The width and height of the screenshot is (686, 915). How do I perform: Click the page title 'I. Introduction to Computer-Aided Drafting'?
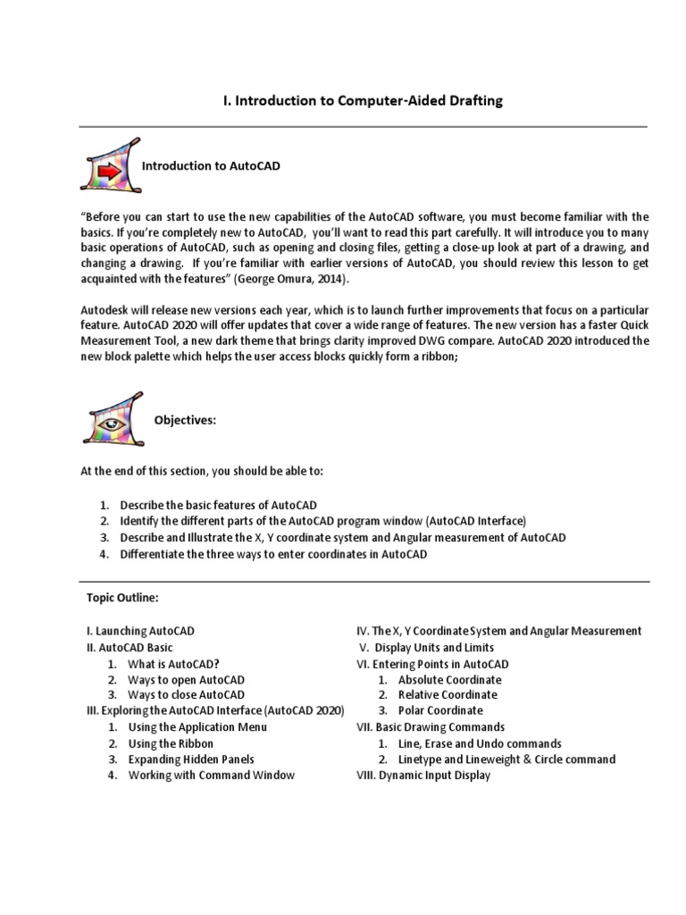(363, 101)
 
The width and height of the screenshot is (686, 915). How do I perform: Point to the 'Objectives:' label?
(186, 420)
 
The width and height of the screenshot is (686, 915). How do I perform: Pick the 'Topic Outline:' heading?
(122, 598)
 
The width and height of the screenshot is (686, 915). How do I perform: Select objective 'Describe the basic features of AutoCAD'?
(218, 505)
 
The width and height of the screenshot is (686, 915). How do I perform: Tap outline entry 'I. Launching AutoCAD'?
(140, 631)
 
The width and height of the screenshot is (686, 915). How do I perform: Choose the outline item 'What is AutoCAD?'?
(173, 664)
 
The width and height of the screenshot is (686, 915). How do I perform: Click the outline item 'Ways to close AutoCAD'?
(186, 694)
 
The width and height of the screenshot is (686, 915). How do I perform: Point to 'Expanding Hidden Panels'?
(191, 760)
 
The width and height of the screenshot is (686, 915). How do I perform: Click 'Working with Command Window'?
(211, 776)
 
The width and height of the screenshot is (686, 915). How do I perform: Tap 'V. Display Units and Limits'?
(426, 647)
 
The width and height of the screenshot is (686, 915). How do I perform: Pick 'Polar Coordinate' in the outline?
(440, 710)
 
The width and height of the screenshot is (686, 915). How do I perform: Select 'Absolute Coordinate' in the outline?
(449, 679)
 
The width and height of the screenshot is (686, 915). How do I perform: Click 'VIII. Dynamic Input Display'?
(423, 776)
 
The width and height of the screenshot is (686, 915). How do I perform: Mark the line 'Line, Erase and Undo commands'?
(480, 743)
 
